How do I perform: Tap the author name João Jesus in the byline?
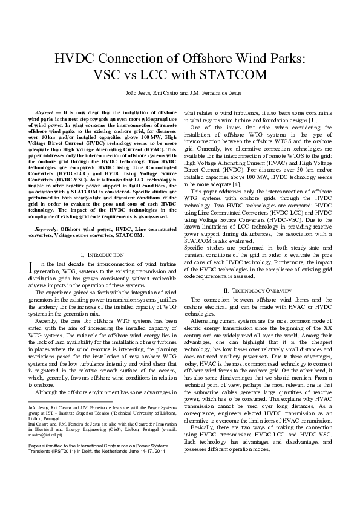pyautogui.click(x=136, y=94)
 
